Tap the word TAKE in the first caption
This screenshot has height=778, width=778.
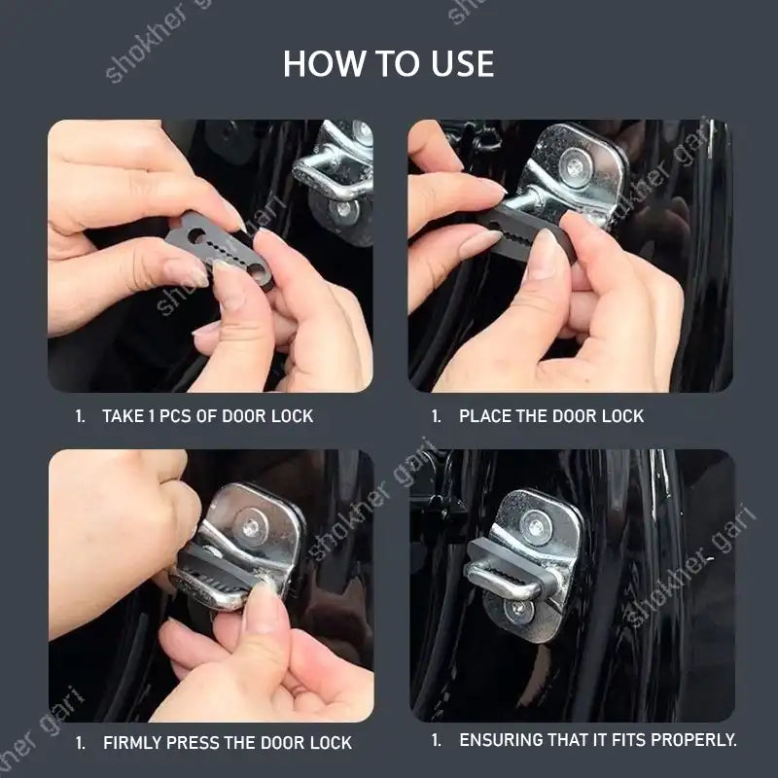(122, 416)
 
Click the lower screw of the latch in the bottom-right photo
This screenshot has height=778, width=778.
(518, 610)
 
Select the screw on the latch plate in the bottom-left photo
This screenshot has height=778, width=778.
(252, 526)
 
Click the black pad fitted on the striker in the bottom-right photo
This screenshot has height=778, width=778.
(506, 566)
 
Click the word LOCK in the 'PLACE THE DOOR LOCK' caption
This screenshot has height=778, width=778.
(623, 416)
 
